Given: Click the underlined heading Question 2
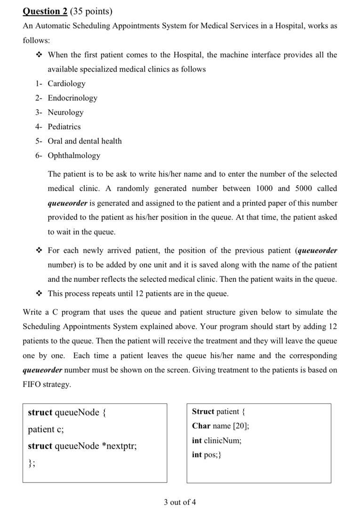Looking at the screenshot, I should (x=45, y=11).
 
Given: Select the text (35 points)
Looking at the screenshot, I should (x=91, y=11).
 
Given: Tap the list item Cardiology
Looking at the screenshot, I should (x=66, y=84).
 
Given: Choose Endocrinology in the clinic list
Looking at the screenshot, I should (x=72, y=98).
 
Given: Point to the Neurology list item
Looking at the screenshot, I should (x=65, y=112).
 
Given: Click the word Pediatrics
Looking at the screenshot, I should (x=64, y=127).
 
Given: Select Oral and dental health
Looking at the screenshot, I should (x=85, y=141).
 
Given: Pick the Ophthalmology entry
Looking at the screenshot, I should (x=74, y=155).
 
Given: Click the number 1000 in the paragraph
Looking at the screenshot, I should (x=264, y=188).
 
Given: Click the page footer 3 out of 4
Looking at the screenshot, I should (x=180, y=502).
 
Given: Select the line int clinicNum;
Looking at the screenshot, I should (x=216, y=441).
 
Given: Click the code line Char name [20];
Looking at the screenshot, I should (x=220, y=426).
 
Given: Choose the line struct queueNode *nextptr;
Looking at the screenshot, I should (x=82, y=446).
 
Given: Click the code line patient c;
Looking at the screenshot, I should (x=46, y=429).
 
